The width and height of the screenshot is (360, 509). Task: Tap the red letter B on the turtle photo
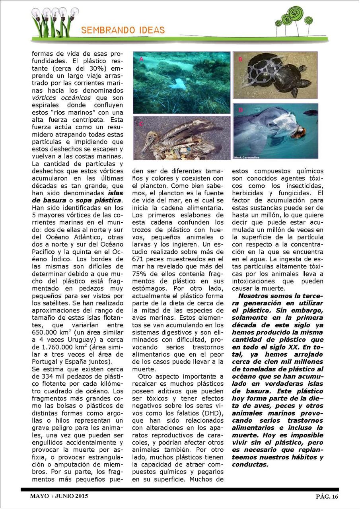tap(240, 59)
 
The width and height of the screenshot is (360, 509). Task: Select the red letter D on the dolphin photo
tap(240, 110)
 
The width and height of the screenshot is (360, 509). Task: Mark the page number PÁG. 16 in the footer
tap(327, 496)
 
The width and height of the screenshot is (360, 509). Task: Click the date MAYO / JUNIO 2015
tap(59, 496)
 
